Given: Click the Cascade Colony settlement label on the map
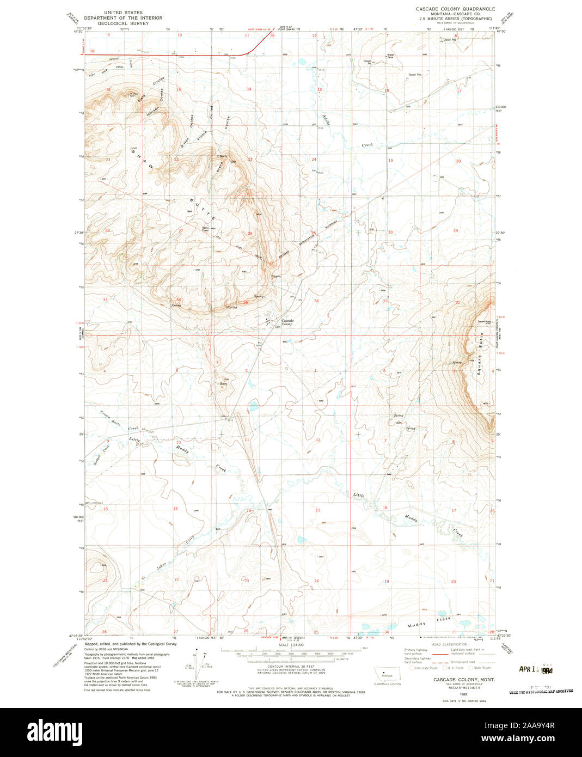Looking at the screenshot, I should pyautogui.click(x=287, y=322).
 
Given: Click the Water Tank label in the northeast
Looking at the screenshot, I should pyautogui.click(x=390, y=56).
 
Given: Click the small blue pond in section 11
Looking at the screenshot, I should pyautogui.click(x=253, y=405).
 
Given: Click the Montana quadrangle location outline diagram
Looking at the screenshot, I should pyautogui.click(x=387, y=673).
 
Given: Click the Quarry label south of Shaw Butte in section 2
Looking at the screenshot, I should pyautogui.click(x=223, y=383).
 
